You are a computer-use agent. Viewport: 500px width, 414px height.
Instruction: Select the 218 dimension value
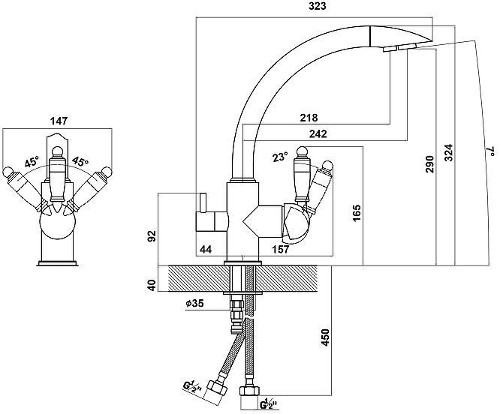coord(309,118)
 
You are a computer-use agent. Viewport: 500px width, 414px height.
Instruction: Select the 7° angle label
coord(489,153)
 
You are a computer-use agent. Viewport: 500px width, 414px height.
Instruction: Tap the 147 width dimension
coord(58,120)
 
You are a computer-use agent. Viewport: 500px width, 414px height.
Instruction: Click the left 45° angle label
coord(32,162)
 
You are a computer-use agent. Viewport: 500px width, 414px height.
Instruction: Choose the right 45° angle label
coord(80,162)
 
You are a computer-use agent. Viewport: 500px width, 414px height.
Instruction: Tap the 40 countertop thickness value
coord(152,286)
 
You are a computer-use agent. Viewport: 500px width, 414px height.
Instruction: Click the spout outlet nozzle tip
coord(392,48)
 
